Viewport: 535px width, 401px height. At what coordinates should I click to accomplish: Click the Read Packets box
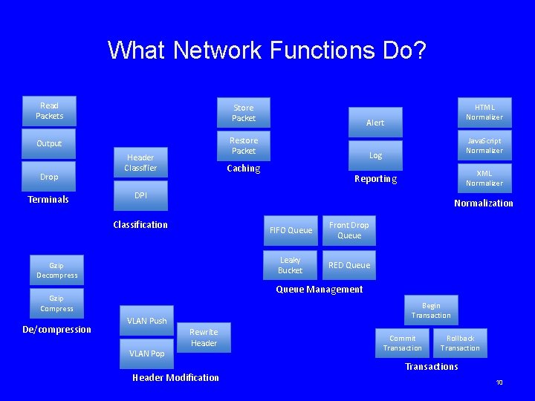pyautogui.click(x=50, y=111)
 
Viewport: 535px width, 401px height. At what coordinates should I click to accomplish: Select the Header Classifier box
pyautogui.click(x=140, y=163)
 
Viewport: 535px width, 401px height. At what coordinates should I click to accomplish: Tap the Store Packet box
pyautogui.click(x=243, y=113)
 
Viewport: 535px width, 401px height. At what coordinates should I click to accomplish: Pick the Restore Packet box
pyautogui.click(x=243, y=146)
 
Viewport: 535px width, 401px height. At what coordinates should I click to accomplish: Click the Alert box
pyautogui.click(x=375, y=123)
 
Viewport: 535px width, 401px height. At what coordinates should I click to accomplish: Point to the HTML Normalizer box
pyautogui.click(x=484, y=112)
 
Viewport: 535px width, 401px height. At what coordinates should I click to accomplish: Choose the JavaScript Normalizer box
pyautogui.click(x=484, y=146)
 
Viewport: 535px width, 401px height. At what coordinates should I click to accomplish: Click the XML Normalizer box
pyautogui.click(x=484, y=178)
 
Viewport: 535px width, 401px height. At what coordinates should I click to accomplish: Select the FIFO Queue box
pyautogui.click(x=290, y=230)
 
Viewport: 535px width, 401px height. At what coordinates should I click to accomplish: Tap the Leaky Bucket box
pyautogui.click(x=290, y=265)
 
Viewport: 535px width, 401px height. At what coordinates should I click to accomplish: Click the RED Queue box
pyautogui.click(x=348, y=265)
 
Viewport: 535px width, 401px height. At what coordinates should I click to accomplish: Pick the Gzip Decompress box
pyautogui.click(x=57, y=270)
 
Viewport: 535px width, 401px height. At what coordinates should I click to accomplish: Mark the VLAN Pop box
pyautogui.click(x=146, y=353)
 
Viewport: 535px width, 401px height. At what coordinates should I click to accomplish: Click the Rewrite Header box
pyautogui.click(x=204, y=338)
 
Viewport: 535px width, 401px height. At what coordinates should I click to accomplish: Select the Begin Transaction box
pyautogui.click(x=431, y=310)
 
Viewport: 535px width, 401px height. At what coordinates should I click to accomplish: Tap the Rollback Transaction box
pyautogui.click(x=460, y=343)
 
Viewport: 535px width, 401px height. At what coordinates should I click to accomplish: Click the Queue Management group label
pyautogui.click(x=320, y=290)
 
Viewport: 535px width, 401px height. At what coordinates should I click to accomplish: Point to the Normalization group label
pyautogui.click(x=483, y=203)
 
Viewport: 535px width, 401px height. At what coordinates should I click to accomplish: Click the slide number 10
pyautogui.click(x=499, y=382)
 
